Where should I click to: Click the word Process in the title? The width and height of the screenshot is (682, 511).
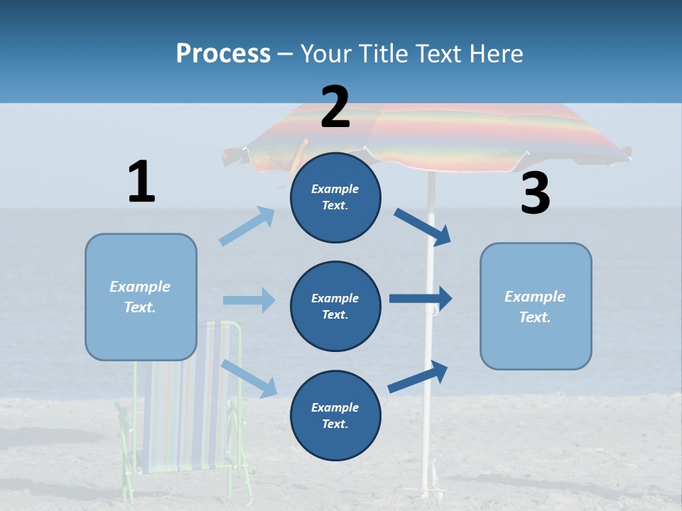[223, 54]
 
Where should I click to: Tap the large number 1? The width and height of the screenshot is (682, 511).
[142, 181]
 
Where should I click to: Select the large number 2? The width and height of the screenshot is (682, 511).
[335, 107]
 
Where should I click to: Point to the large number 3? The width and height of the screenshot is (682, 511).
[536, 193]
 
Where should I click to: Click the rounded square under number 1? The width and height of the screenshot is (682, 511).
[141, 297]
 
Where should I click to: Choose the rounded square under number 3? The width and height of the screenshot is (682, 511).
[536, 307]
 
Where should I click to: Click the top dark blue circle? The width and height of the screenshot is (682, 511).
[335, 197]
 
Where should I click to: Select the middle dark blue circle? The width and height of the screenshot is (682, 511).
[335, 307]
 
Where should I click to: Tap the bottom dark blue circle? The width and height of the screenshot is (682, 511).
[335, 415]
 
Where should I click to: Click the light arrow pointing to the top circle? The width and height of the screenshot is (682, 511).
[247, 226]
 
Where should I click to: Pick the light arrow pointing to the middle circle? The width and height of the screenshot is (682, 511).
[249, 300]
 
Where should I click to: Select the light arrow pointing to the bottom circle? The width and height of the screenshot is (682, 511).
[249, 378]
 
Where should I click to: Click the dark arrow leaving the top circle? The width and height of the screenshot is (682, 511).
[422, 227]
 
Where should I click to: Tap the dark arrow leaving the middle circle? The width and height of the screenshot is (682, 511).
[421, 299]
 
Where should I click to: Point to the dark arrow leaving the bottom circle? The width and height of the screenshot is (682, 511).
[418, 376]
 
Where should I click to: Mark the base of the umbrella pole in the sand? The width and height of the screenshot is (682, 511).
[424, 492]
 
